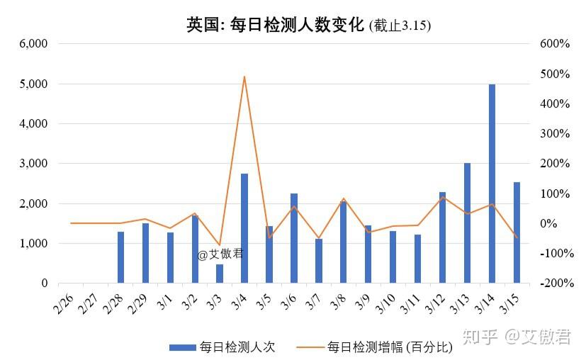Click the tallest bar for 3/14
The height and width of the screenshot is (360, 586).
click(492, 184)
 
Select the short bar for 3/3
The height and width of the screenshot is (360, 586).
click(220, 274)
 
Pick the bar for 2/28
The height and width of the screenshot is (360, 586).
click(120, 257)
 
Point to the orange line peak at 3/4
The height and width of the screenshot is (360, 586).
click(244, 77)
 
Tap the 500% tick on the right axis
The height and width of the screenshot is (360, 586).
click(555, 74)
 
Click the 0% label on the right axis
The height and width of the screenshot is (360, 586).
click(549, 224)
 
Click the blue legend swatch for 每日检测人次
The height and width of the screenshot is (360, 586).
click(183, 347)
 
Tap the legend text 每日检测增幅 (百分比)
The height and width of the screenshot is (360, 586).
click(389, 347)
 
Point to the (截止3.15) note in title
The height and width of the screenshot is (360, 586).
click(400, 26)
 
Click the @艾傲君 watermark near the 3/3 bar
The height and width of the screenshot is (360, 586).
click(220, 254)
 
